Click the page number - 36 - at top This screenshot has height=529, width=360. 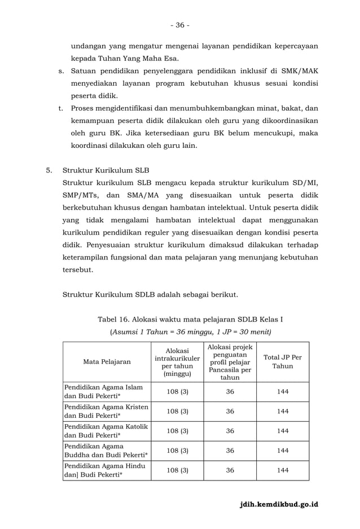[180, 25]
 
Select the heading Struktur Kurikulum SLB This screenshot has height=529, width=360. [106, 170]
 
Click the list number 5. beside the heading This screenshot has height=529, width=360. [49, 170]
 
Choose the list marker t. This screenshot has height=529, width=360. [60, 108]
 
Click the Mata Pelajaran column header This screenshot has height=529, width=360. [107, 362]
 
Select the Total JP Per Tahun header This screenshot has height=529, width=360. [283, 362]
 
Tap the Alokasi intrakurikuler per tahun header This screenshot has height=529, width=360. [177, 362]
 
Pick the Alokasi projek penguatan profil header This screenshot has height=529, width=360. [230, 362]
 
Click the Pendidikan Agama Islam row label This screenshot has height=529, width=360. [103, 391]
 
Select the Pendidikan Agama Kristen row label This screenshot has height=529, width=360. [106, 411]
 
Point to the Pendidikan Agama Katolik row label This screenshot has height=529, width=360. [106, 431]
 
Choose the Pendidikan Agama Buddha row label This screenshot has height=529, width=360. [106, 451]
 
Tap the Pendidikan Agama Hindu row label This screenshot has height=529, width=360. [105, 470]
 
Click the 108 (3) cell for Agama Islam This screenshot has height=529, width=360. [177, 391]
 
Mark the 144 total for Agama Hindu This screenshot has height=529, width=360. [283, 470]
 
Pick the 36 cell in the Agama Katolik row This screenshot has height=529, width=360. [230, 431]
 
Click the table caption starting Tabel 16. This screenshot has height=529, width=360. [190, 320]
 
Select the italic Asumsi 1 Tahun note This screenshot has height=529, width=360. [190, 331]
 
